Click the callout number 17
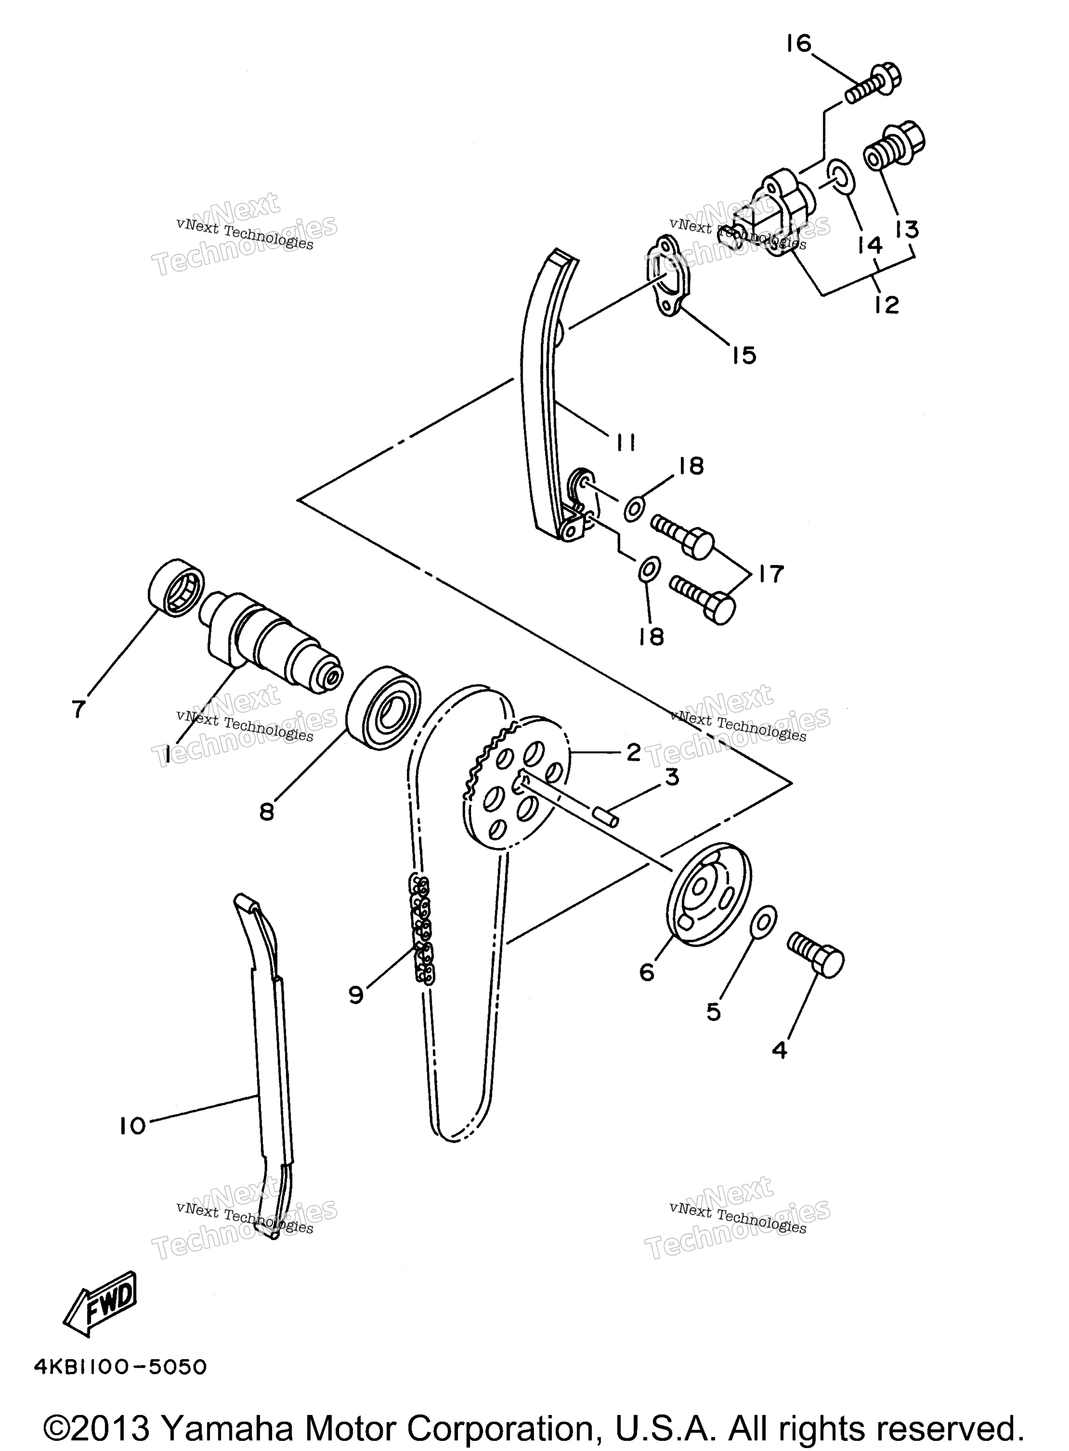click(x=771, y=573)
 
